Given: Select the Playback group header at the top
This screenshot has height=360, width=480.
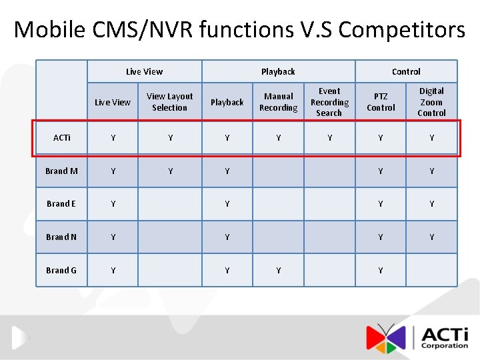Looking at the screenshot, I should (278, 71).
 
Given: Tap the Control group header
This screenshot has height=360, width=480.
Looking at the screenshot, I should (406, 71).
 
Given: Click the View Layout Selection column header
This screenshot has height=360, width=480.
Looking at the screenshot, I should (170, 102).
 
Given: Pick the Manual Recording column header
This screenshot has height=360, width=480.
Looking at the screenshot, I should (278, 102).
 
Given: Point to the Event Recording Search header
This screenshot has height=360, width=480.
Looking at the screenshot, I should (329, 102).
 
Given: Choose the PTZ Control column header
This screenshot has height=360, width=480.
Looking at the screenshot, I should (381, 102).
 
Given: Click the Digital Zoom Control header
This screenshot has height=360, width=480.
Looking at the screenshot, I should (431, 102).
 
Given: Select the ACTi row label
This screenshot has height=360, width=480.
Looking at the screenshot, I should (61, 138).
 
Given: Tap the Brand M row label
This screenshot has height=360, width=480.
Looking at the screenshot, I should (61, 171).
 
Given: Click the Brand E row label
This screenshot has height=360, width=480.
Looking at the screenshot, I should (61, 204).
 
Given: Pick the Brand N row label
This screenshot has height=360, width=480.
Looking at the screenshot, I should (61, 237).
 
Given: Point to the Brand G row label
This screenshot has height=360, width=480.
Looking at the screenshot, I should (61, 270).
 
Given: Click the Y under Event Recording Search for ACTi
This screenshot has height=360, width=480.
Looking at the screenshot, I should (329, 138).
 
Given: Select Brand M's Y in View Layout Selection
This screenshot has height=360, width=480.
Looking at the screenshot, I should (170, 171).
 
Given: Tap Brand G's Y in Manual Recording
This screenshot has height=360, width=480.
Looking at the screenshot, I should (278, 270).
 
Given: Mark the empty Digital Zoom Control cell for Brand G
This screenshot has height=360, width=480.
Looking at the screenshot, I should (431, 270).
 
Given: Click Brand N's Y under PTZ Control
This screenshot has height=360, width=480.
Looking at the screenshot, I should (381, 237).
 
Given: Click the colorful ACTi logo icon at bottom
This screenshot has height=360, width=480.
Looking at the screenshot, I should (386, 337).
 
